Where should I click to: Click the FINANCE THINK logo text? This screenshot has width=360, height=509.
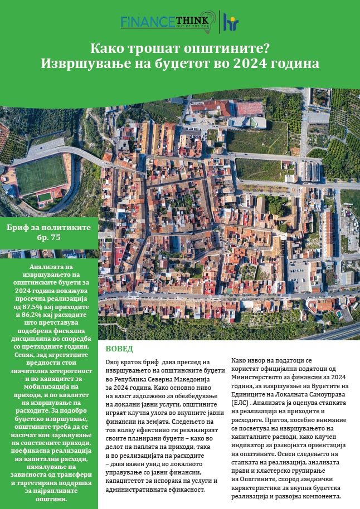[161, 22]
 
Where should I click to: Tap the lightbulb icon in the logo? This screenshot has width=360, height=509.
[207, 19]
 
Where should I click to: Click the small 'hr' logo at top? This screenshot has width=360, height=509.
[230, 21]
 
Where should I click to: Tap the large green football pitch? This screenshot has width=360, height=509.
[41, 175]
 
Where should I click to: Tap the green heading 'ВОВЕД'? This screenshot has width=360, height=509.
[119, 349]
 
